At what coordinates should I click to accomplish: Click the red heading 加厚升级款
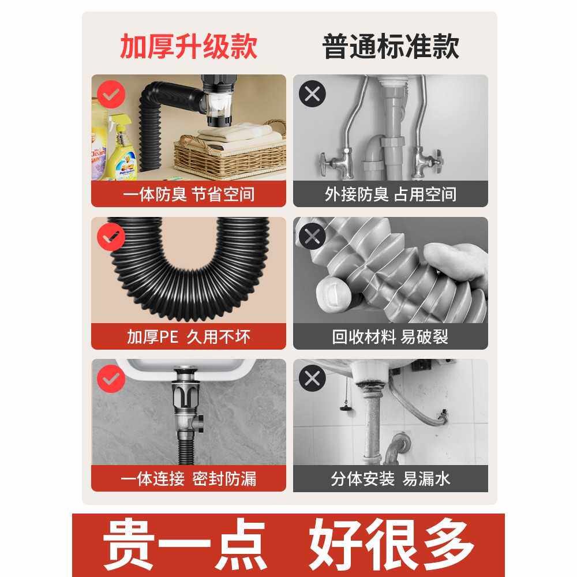pos(189,46)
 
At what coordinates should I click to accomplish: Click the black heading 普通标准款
pos(391,46)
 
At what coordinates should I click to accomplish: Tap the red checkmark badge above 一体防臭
pos(111,94)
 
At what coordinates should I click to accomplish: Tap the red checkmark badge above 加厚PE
pos(111,237)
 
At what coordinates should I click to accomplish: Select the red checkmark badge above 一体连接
pos(111,379)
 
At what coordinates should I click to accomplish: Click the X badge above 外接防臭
pos(312,94)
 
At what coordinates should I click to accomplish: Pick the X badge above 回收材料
pos(312,236)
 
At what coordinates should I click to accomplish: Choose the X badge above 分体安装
pos(312,378)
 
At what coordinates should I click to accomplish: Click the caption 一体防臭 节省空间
pos(189,194)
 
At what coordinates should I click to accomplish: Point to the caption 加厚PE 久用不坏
pos(189,337)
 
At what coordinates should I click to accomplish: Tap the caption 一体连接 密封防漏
pos(189,479)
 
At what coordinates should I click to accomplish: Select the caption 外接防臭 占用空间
pos(391,194)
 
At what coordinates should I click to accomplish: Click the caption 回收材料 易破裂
pos(390,337)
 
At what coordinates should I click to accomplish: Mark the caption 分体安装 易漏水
pos(391,479)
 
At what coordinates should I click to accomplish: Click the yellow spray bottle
pos(122,149)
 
